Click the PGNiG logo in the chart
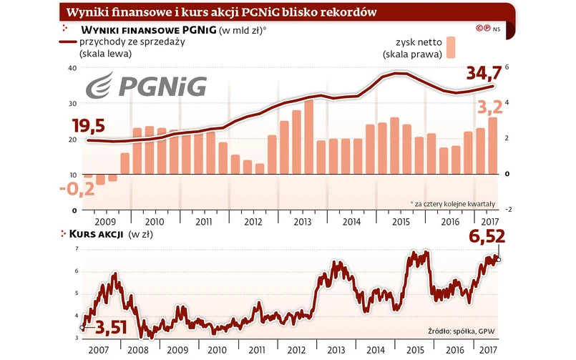[x=146, y=85]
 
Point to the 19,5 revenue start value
[x=89, y=126]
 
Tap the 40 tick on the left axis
[x=72, y=68]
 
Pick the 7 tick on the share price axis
[x=77, y=248]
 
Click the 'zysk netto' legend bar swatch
[x=451, y=47]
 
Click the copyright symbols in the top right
[x=483, y=28]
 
